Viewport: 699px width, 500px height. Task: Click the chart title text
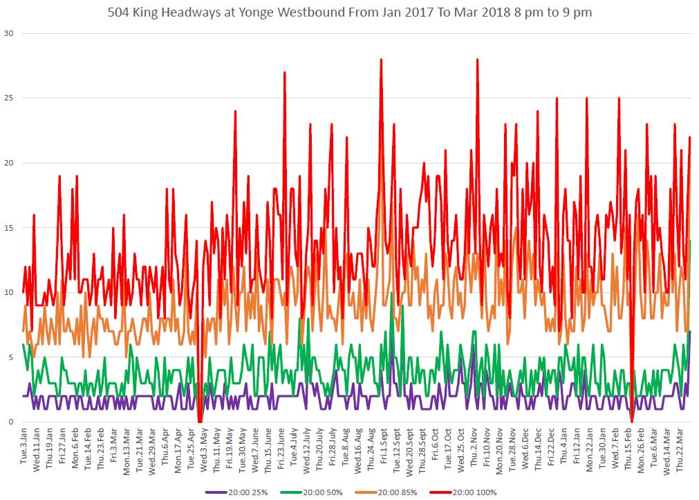pos(350,12)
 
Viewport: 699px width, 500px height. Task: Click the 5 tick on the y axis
pos(10,357)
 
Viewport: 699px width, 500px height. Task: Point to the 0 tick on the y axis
pos(10,422)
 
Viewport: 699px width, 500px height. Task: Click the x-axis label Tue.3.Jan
pos(24,449)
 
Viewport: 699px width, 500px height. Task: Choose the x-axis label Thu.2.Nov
pos(474,450)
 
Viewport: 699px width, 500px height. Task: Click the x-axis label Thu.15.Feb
pos(628,451)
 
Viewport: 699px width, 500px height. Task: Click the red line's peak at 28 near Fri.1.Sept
pos(381,60)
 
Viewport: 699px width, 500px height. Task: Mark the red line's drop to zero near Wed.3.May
pos(200,421)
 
